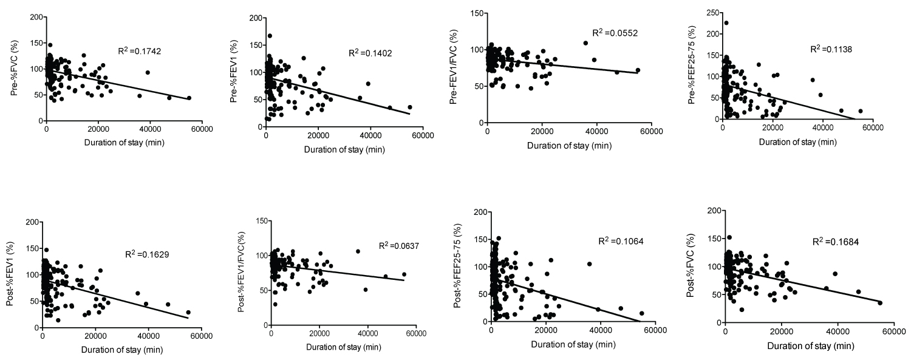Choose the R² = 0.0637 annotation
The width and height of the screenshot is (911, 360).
click(x=399, y=246)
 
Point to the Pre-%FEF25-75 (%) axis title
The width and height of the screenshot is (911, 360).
click(x=692, y=67)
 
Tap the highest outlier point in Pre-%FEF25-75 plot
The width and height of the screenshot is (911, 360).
click(x=726, y=23)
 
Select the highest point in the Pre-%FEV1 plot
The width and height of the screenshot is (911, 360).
click(x=270, y=36)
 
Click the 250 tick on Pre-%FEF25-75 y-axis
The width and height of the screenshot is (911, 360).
click(x=707, y=13)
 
